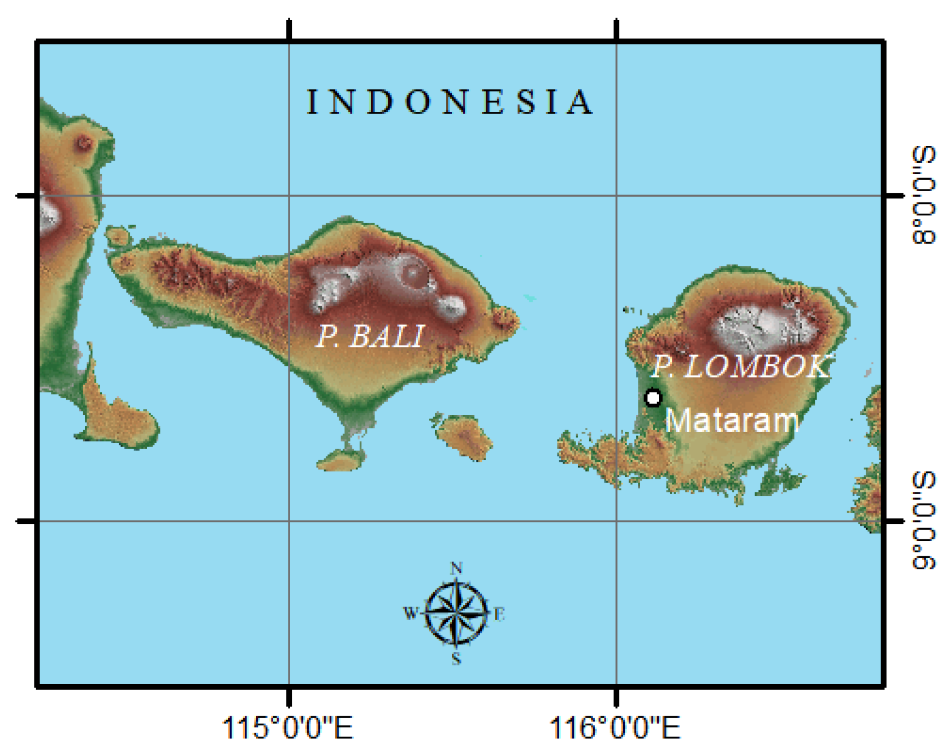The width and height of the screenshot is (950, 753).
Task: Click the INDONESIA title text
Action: tap(450, 102)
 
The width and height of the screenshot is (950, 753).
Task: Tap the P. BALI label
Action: tap(370, 336)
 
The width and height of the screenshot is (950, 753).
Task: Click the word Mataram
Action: tap(732, 421)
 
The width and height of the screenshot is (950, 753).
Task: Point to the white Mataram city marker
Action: tap(653, 398)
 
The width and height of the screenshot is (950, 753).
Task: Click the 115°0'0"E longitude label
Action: tap(288, 727)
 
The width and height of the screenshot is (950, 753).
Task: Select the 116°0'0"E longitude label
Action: tap(615, 727)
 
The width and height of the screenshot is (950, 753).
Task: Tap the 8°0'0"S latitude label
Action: tap(923, 195)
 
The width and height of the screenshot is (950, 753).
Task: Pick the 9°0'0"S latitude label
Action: tap(923, 521)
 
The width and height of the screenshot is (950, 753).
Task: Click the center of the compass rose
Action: tap(456, 613)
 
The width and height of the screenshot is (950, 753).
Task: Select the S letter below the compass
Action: tap(456, 658)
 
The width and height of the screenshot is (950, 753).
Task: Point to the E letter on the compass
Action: tap(499, 614)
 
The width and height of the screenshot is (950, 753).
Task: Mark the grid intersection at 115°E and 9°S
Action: tap(290, 521)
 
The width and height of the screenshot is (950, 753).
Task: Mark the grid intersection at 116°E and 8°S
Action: tap(616, 196)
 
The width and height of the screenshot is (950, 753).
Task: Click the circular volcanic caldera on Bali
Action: tap(413, 273)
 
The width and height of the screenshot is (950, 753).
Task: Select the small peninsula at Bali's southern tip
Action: tap(342, 459)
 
